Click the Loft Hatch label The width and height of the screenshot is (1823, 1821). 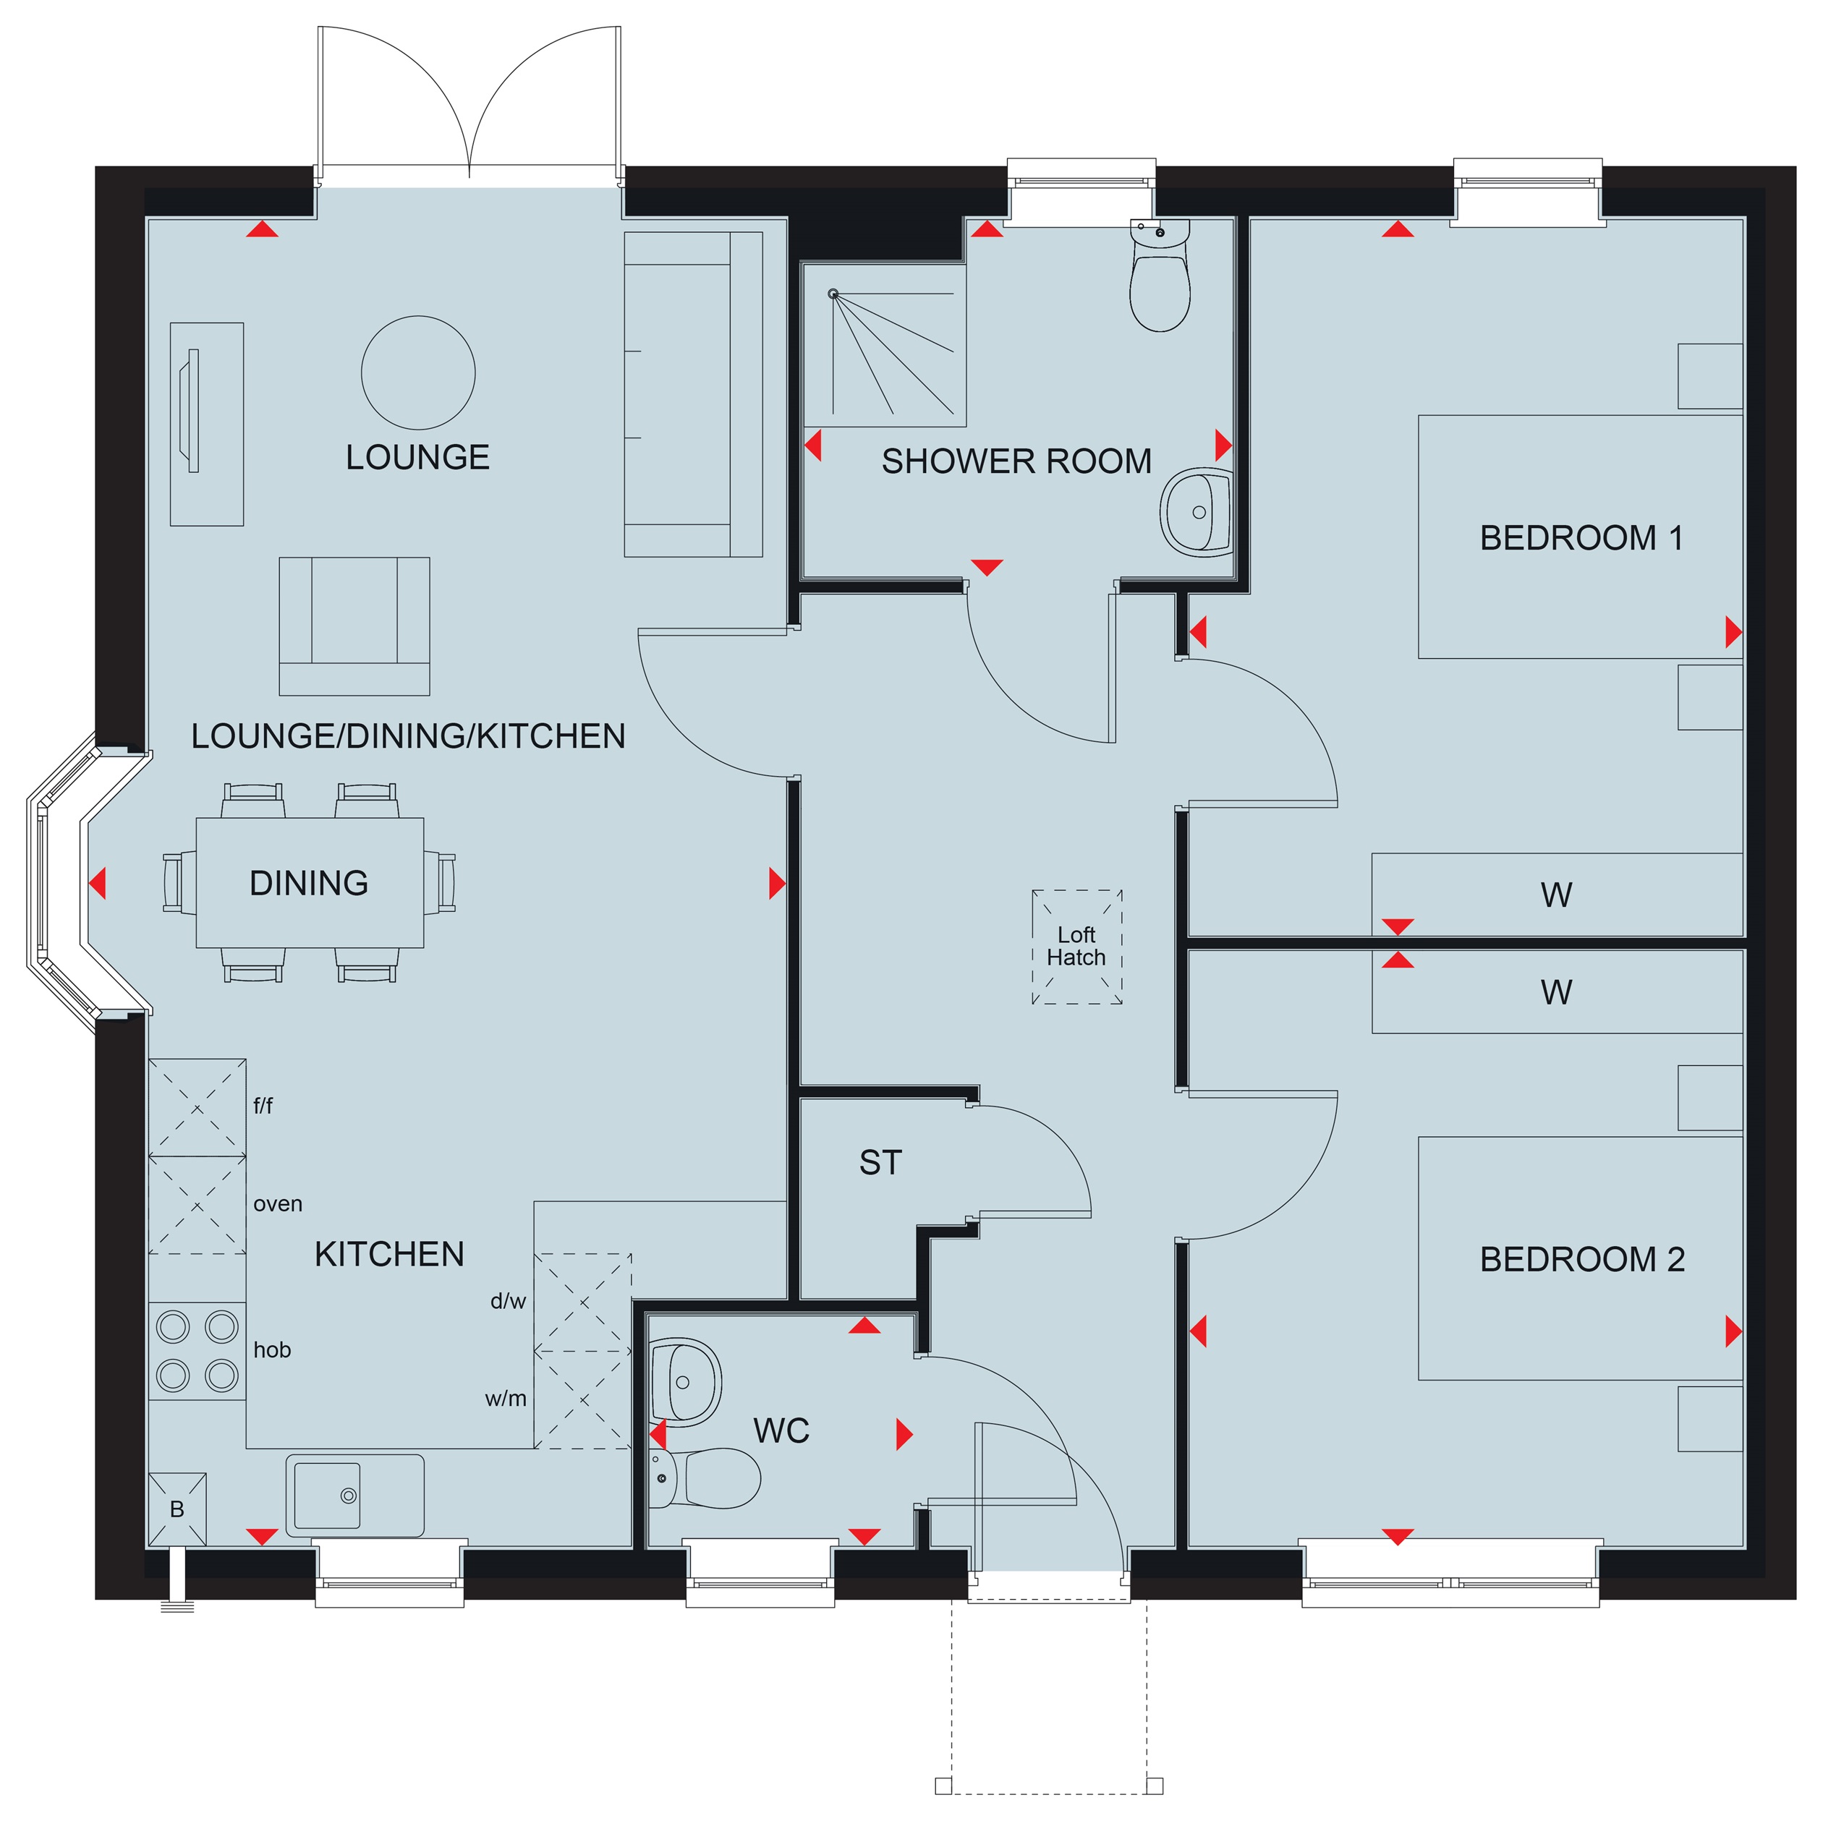coord(1076,947)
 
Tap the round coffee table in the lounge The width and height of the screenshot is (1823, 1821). coord(418,372)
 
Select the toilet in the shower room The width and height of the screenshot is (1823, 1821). coord(1160,276)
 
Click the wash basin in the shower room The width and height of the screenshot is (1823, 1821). coord(1197,511)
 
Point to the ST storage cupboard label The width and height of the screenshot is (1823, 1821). coord(880,1162)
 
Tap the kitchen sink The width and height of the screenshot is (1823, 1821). coord(354,1496)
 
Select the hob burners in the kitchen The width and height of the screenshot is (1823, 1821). coord(197,1351)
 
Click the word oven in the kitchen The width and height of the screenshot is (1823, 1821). coord(277,1204)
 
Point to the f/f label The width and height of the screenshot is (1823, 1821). coord(263,1105)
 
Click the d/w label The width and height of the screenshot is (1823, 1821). coord(508,1301)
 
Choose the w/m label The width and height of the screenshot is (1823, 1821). coord(506,1399)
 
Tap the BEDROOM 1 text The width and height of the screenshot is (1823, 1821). coord(1581,538)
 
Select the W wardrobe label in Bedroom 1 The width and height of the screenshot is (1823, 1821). coord(1556,895)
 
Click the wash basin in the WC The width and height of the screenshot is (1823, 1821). coord(686,1382)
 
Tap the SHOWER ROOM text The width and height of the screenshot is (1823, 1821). coord(1016,461)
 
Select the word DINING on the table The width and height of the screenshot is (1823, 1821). coord(309,883)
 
